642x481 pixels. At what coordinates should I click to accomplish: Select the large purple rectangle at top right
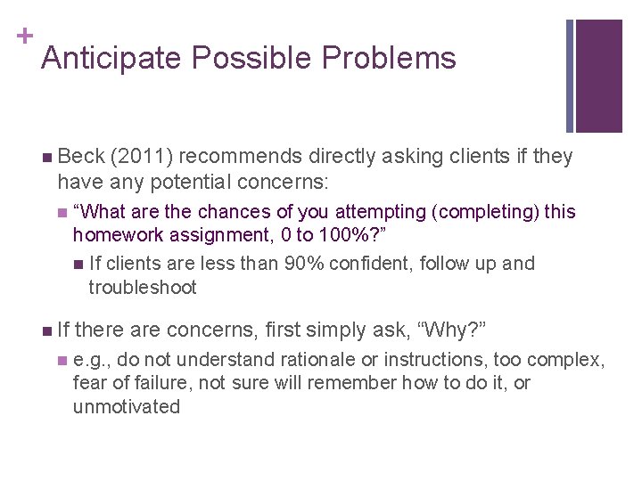point(599,76)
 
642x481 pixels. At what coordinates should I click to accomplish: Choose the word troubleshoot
point(143,288)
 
